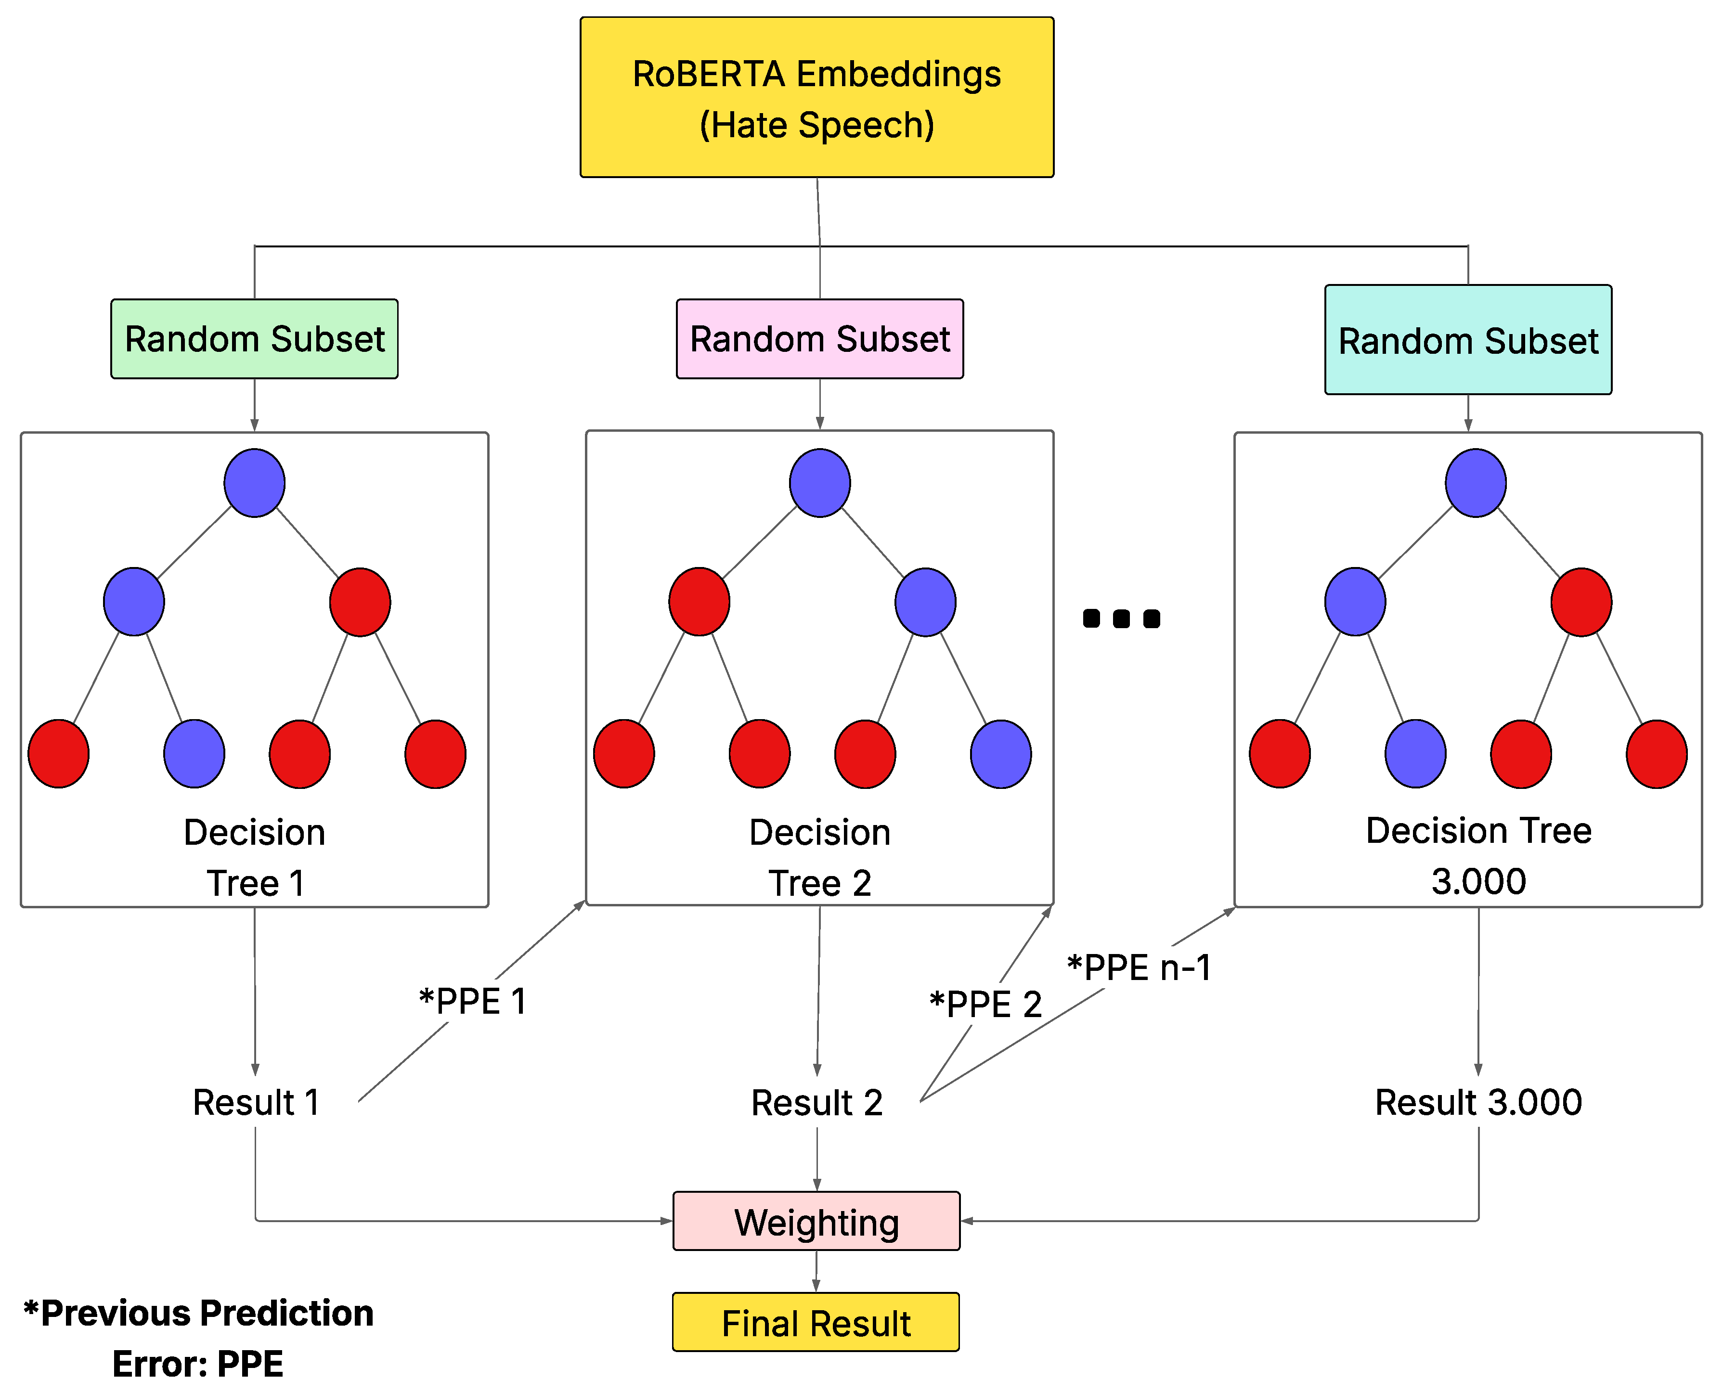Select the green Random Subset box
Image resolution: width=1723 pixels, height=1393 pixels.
click(x=254, y=338)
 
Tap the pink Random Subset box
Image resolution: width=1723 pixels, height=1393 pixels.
click(x=819, y=338)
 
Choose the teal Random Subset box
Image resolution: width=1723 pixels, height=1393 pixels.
click(x=1468, y=339)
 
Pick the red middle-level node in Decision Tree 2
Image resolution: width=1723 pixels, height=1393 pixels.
click(x=699, y=602)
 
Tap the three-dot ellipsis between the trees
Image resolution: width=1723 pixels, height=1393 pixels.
click(x=1121, y=619)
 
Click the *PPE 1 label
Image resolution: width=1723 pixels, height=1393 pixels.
click(x=473, y=1001)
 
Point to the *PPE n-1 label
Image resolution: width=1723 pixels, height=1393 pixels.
click(x=1139, y=967)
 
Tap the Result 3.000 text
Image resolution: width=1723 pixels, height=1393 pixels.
click(x=1478, y=1102)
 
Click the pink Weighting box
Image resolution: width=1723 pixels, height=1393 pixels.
click(x=816, y=1221)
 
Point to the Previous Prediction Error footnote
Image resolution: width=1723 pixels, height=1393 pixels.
click(x=198, y=1338)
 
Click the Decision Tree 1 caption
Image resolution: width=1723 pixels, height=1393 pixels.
click(x=254, y=857)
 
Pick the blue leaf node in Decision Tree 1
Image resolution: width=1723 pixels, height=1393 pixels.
click(x=194, y=753)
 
